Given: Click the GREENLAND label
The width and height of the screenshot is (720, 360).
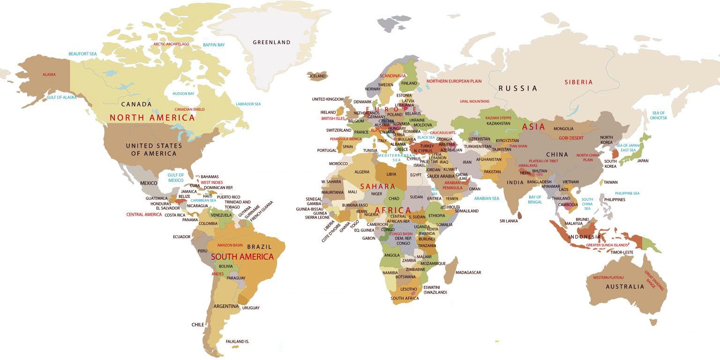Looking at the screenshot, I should coord(271,42).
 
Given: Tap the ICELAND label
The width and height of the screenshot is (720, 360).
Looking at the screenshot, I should coord(317,76).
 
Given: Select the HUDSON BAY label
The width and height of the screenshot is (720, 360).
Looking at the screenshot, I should coord(183,94).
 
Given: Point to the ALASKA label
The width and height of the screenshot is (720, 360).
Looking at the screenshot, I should coord(49,75).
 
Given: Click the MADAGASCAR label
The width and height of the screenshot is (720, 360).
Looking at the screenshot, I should coord(468,272).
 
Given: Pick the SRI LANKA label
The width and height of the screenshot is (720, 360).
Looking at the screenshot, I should coord(509,221).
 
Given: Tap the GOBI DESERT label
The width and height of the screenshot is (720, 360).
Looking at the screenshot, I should coord(571,138).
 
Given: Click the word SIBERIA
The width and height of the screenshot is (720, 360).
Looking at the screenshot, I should coord(578,82).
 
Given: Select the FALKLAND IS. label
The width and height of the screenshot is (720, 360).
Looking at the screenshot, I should coord(237,342).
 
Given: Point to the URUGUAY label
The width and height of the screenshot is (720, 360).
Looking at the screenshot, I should coord(251,308).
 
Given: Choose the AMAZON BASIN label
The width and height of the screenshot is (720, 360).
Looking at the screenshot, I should coord(230,245).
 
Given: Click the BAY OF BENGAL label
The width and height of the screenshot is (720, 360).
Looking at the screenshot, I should coord(535,200).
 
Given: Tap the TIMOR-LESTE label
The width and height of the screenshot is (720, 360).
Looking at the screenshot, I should coord(622,252).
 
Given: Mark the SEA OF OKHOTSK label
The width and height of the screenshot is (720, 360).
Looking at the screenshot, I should coord(659,115).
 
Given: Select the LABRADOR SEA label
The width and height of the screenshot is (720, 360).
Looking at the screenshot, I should coord(248,104).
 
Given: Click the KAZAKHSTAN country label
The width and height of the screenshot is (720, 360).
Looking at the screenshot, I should coord(498,123).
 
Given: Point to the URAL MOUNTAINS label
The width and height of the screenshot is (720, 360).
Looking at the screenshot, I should coord(474,101).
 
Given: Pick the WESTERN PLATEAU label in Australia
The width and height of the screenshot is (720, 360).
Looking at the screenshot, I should coord(608,277).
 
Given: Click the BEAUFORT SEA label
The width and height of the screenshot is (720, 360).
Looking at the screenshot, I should coord(82,54).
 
